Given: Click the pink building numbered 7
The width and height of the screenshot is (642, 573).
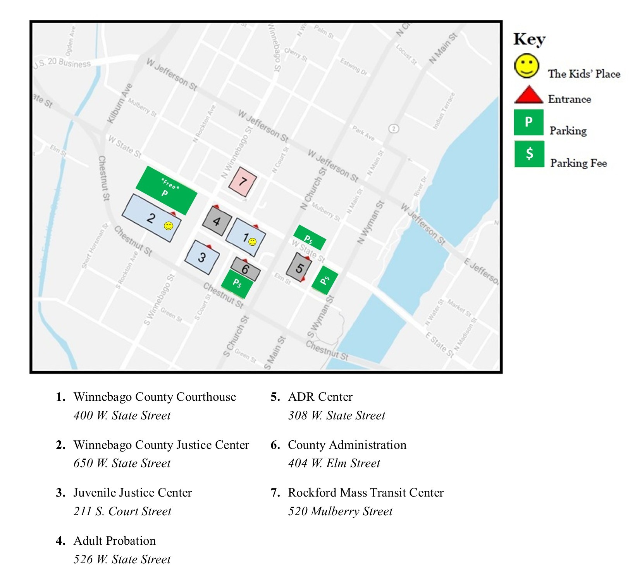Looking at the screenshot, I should (x=243, y=182).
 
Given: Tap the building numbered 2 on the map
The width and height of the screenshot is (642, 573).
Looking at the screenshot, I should (x=151, y=218).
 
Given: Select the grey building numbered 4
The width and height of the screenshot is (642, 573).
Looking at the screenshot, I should (x=217, y=221).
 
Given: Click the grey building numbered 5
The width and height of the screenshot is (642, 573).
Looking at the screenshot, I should (x=299, y=267).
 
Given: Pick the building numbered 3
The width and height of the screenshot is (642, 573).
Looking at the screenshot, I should (x=202, y=257).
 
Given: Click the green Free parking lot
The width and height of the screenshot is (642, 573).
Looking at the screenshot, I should (x=167, y=190).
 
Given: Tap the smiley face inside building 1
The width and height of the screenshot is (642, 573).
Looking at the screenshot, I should (x=252, y=242).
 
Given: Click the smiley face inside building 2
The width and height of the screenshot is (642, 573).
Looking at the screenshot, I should (x=169, y=226).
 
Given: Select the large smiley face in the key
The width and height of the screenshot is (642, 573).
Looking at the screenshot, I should (x=526, y=66).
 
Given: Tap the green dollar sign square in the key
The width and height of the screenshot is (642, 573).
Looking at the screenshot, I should (x=529, y=154).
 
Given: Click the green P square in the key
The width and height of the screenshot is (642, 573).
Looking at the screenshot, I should (x=528, y=123).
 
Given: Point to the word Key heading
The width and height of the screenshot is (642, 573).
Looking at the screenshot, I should (x=529, y=39).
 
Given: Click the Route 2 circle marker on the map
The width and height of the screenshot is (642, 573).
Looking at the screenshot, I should (x=394, y=128).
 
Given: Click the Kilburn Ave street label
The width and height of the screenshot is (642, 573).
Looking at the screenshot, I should (x=120, y=103).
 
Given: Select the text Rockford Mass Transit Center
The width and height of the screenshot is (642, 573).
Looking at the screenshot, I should (x=365, y=493).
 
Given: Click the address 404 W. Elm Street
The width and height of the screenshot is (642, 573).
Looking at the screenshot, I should (x=334, y=463).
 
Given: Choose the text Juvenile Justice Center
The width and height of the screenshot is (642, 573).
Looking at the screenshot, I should (x=133, y=493).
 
